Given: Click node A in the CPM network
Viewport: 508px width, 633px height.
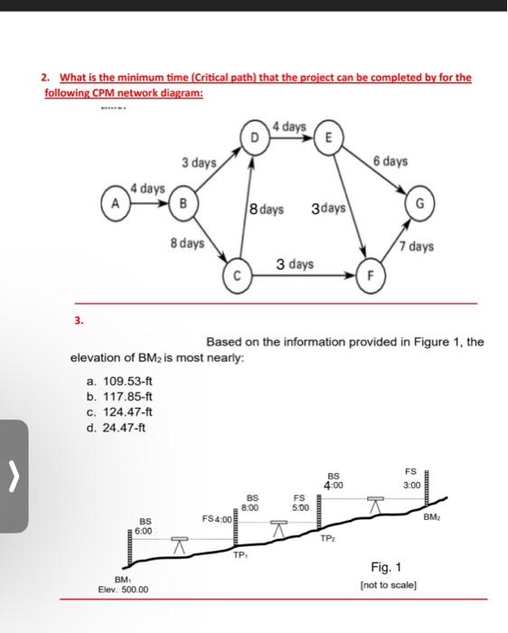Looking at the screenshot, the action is tap(115, 203).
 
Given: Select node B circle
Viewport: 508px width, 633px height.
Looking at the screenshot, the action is tap(183, 203).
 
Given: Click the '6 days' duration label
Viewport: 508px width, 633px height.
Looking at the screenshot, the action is tap(390, 161).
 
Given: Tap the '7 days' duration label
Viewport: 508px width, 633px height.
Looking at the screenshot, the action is tap(415, 246).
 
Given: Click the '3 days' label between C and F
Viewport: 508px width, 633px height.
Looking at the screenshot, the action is tap(295, 264).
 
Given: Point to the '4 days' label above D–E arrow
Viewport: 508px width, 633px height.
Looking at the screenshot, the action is tap(288, 126).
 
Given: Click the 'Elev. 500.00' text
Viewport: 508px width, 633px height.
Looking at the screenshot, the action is tap(123, 590).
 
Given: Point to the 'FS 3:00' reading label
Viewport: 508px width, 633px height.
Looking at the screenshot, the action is tap(411, 479).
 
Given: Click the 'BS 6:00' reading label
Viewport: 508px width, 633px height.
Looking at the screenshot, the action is tap(145, 525).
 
